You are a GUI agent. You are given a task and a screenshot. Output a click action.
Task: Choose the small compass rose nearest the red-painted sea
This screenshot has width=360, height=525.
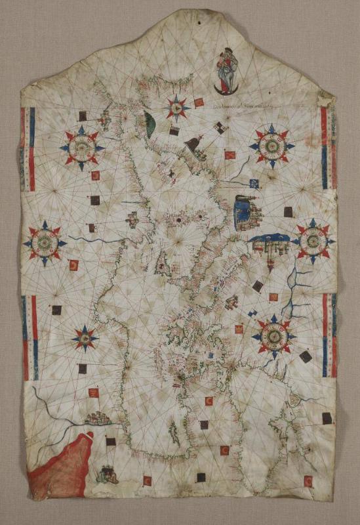85,339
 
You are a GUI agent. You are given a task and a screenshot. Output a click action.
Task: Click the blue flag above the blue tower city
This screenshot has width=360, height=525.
254,184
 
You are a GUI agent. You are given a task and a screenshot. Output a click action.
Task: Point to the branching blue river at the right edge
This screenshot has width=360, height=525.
298,289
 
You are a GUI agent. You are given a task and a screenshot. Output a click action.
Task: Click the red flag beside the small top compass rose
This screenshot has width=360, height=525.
199,102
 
